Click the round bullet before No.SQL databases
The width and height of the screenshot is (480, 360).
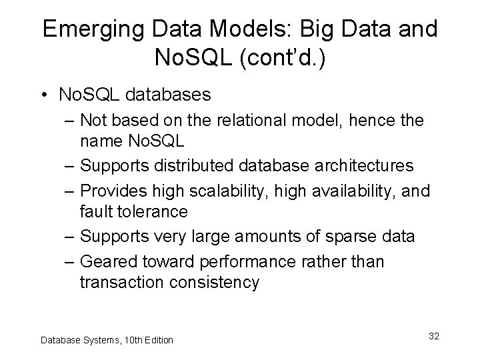[x=45, y=95]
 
